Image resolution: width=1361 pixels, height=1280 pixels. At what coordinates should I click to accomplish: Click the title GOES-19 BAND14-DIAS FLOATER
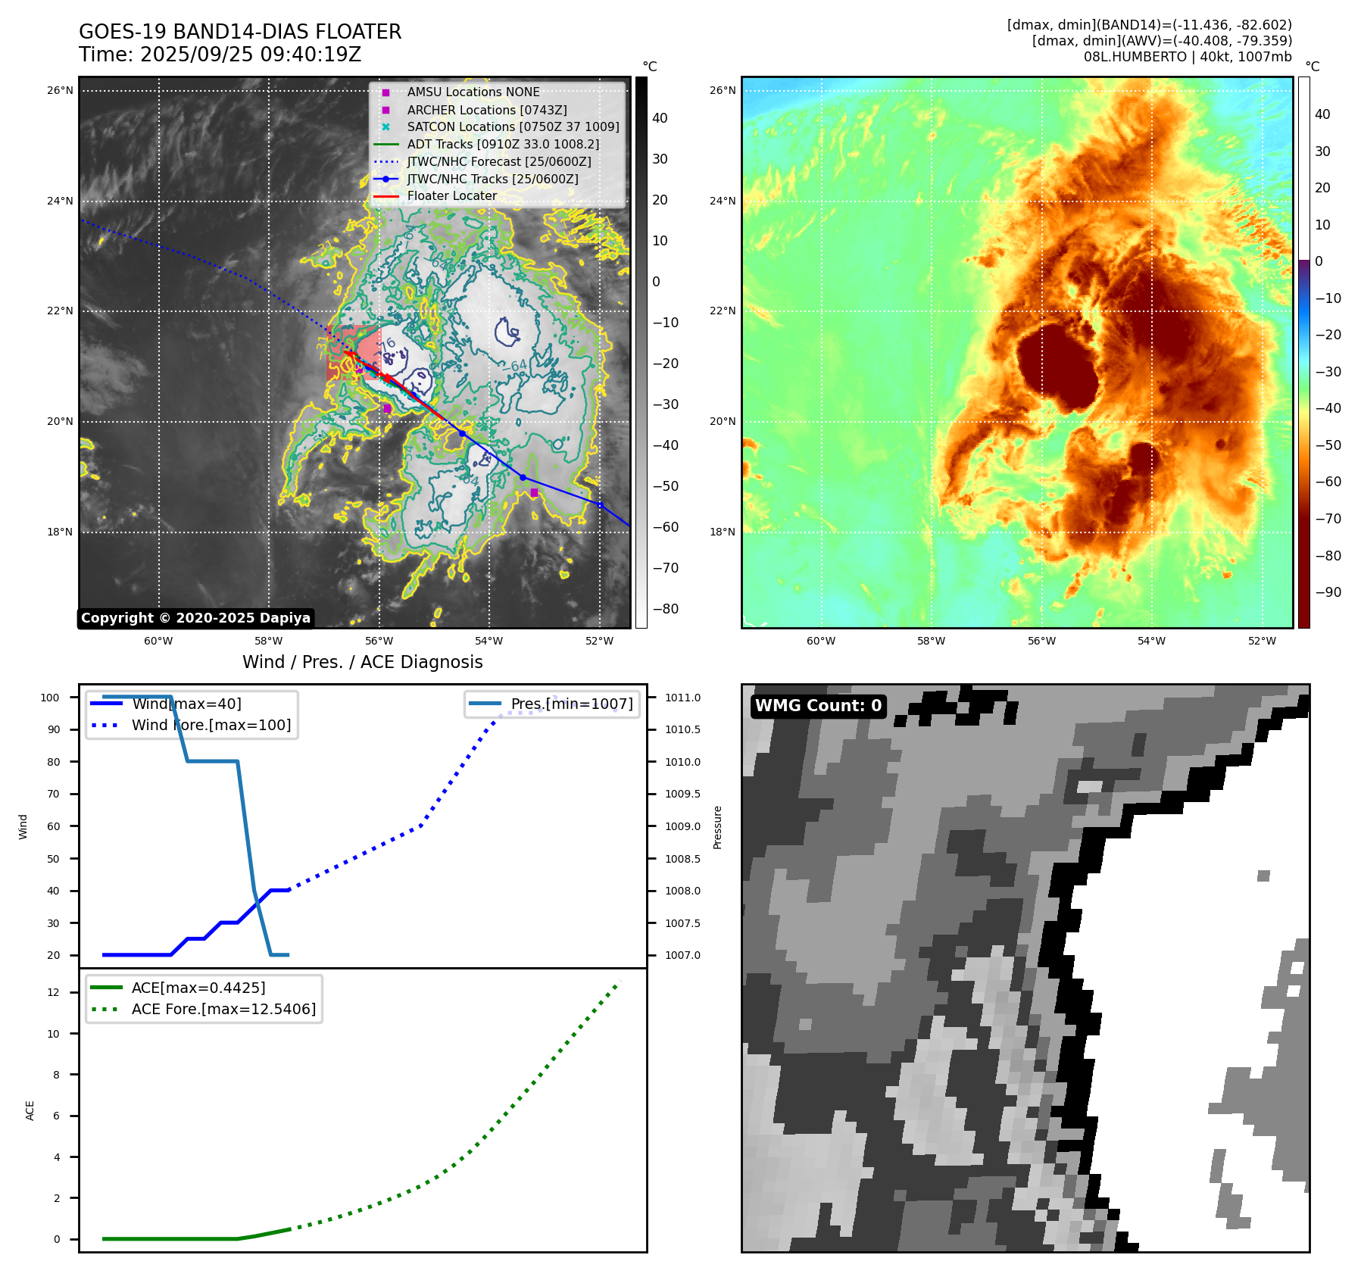pyautogui.click(x=240, y=32)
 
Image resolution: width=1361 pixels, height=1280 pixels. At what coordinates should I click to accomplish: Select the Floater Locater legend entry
pyautogui.click(x=451, y=196)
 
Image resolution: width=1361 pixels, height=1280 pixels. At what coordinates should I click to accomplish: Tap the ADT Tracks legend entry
pyautogui.click(x=502, y=144)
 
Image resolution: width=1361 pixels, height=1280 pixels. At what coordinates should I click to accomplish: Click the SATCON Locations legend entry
pyautogui.click(x=513, y=126)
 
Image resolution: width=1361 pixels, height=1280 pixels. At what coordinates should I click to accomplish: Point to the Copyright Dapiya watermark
pyautogui.click(x=195, y=618)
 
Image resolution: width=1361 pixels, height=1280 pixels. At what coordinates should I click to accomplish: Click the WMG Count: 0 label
pyautogui.click(x=818, y=706)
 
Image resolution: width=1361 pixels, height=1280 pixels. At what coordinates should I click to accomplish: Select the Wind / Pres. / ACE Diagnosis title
pyautogui.click(x=362, y=662)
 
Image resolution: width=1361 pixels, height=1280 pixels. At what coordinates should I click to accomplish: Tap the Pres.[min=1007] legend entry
pyautogui.click(x=571, y=704)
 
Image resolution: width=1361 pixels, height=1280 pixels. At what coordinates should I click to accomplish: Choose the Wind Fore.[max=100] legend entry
pyautogui.click(x=211, y=725)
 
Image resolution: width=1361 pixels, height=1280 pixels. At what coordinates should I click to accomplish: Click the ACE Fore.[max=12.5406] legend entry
pyautogui.click(x=223, y=1009)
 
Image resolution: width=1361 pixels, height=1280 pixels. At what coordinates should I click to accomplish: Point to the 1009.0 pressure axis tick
pyautogui.click(x=682, y=826)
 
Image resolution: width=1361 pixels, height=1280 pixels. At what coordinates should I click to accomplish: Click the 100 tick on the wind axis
pyautogui.click(x=50, y=698)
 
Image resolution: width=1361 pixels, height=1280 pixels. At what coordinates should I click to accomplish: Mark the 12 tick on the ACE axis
pyautogui.click(x=53, y=992)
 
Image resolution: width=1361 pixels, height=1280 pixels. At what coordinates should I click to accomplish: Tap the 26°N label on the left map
pyautogui.click(x=60, y=91)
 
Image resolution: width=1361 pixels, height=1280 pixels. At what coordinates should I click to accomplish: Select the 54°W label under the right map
pyautogui.click(x=1151, y=641)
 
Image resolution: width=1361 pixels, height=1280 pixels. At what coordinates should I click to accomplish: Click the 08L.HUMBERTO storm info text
pyautogui.click(x=1187, y=57)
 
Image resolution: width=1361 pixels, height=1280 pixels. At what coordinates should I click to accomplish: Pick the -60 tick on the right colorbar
pyautogui.click(x=1328, y=482)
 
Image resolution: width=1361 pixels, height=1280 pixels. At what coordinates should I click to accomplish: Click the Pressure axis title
pyautogui.click(x=717, y=826)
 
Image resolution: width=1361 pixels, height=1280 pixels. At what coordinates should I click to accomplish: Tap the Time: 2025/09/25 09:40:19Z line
pyautogui.click(x=220, y=55)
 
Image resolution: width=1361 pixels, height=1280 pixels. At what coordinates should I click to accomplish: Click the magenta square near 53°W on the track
pyautogui.click(x=534, y=493)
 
